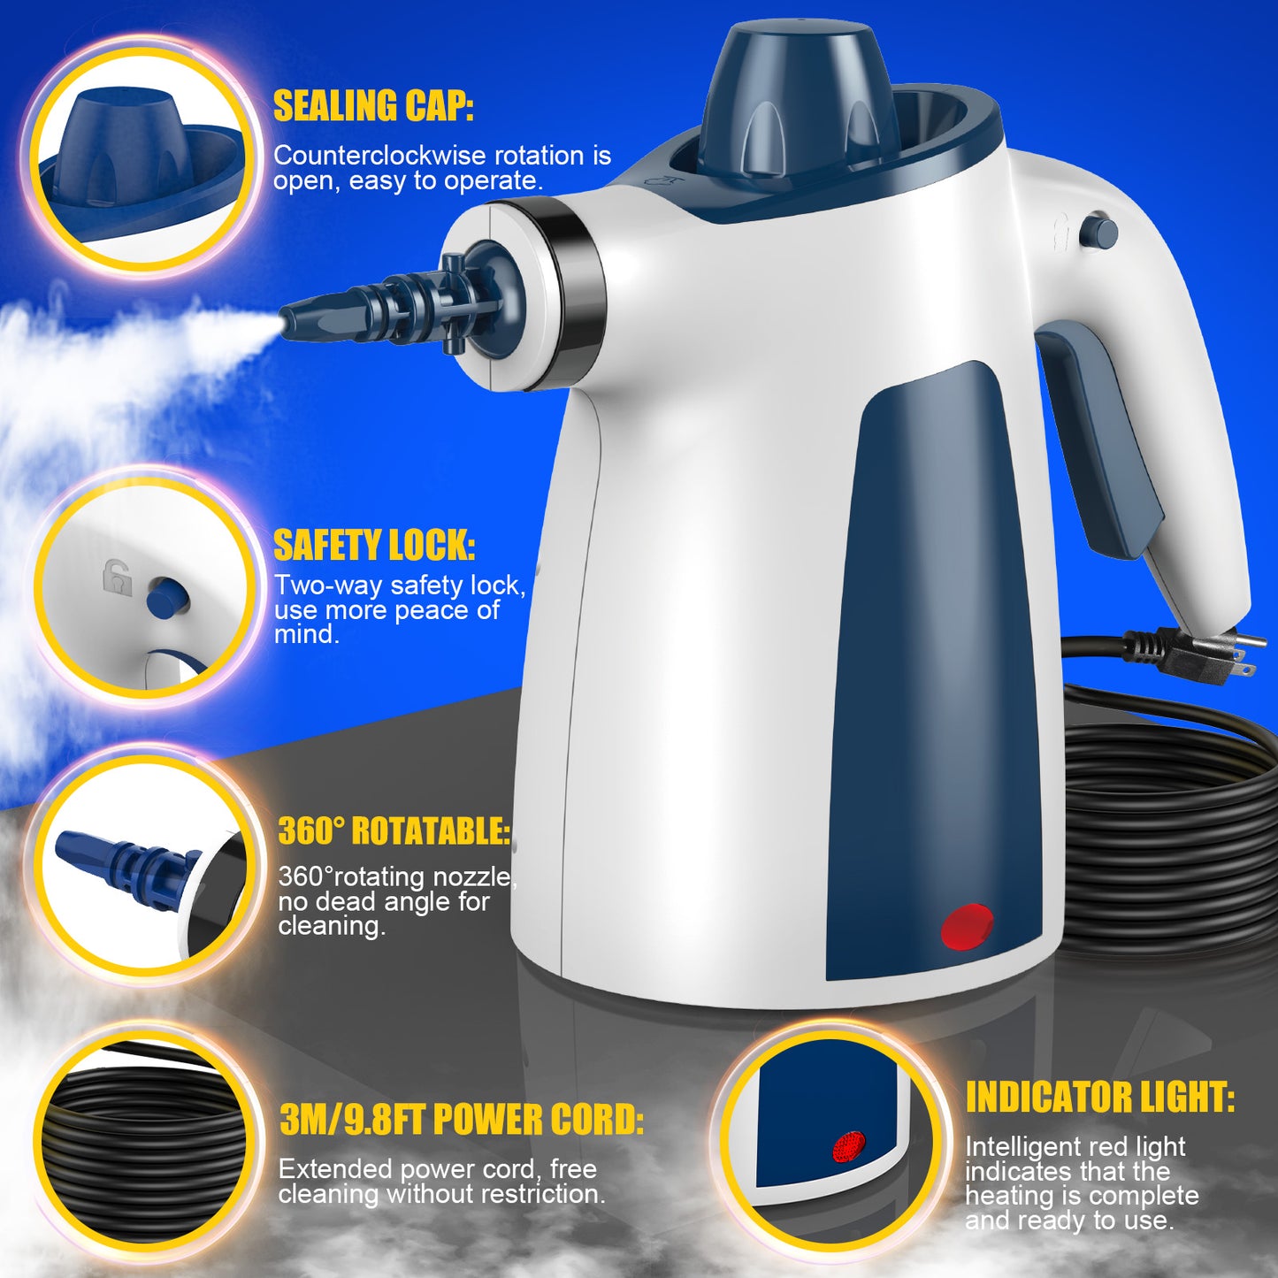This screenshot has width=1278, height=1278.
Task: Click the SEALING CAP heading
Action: (x=373, y=106)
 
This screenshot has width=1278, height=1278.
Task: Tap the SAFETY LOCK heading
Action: (x=374, y=546)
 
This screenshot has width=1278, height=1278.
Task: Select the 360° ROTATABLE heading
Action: (x=394, y=831)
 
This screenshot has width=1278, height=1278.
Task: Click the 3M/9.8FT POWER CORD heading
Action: (x=462, y=1120)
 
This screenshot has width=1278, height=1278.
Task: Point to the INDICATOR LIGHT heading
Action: (x=1099, y=1098)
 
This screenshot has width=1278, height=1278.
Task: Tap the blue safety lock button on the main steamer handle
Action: (x=1100, y=233)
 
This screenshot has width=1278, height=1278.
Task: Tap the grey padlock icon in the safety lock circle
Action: (x=117, y=578)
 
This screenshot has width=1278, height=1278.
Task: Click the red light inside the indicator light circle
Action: (x=848, y=1147)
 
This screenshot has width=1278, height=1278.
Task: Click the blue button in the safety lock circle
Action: (x=166, y=598)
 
